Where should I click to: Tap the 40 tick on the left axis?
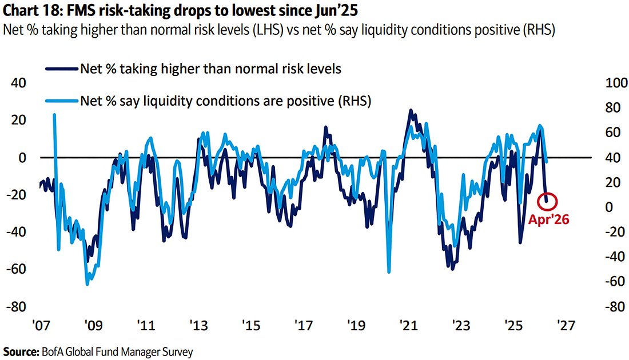point(19,83)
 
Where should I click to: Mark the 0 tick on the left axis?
point(22,157)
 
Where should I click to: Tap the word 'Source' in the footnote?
point(18,351)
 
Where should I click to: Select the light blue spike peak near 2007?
point(54,115)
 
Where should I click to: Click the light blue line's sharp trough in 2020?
point(389,271)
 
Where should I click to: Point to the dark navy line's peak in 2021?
point(410,110)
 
